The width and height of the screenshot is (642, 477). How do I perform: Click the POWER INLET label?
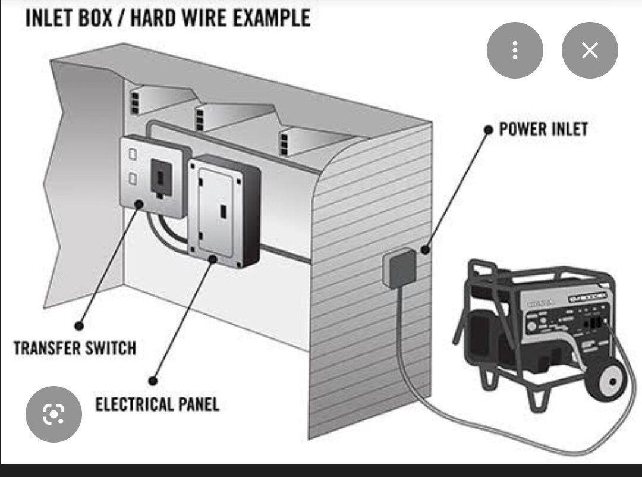(543, 129)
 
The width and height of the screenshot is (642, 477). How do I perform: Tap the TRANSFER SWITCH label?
(74, 347)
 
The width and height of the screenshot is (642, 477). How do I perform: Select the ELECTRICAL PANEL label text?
(157, 404)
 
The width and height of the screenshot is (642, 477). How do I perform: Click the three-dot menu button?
(515, 51)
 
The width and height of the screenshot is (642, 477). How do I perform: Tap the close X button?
(590, 51)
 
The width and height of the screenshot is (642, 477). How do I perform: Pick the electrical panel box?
(224, 211)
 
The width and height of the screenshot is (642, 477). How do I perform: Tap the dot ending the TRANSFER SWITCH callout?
(78, 325)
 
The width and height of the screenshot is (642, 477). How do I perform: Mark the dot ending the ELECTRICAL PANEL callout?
(153, 381)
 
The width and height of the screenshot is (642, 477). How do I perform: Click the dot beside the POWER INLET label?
(488, 129)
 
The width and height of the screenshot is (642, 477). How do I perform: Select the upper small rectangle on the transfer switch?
(133, 155)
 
